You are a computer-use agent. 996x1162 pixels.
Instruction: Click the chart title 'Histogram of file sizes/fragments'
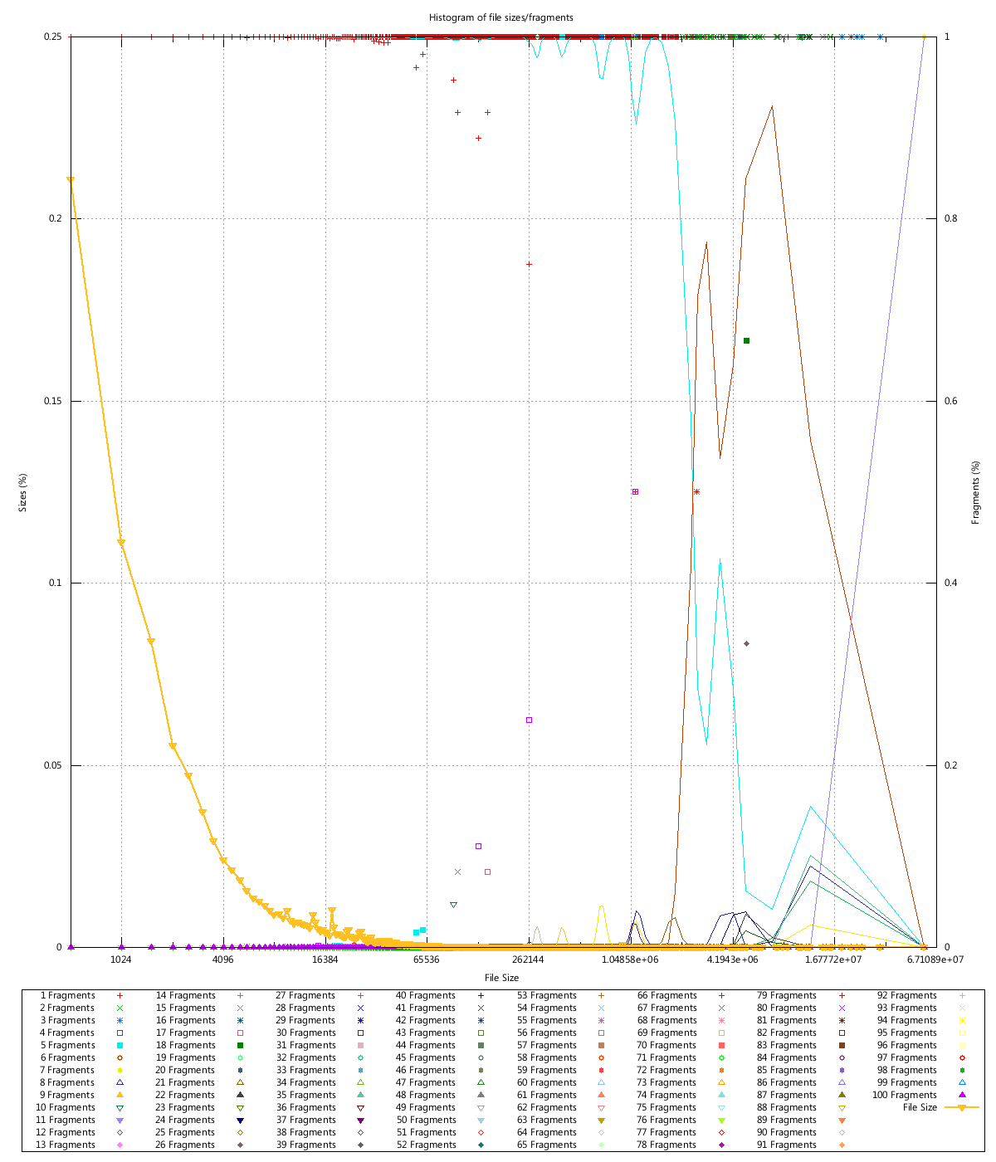point(500,17)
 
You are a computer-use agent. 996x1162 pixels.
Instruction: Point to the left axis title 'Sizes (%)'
point(23,491)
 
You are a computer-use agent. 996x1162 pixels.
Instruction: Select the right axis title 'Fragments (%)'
point(976,491)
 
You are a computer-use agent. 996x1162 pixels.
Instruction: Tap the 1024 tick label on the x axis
point(121,959)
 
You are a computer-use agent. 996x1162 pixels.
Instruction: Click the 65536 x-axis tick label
point(426,959)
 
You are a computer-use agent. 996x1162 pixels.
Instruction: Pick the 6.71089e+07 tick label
point(923,959)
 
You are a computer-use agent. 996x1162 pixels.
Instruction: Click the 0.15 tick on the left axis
point(53,401)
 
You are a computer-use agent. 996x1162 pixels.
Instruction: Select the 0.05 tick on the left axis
point(53,765)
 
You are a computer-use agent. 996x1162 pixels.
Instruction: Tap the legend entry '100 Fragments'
point(907,1095)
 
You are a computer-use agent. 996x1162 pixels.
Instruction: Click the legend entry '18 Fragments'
point(191,1045)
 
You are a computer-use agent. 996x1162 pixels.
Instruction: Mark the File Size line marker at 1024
point(121,542)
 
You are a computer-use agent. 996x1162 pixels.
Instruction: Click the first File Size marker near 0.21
point(71,180)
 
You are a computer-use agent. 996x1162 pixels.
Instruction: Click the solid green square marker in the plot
point(746,340)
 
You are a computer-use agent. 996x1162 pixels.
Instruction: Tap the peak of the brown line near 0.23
point(772,106)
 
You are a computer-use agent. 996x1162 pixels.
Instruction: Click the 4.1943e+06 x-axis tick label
point(731,959)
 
